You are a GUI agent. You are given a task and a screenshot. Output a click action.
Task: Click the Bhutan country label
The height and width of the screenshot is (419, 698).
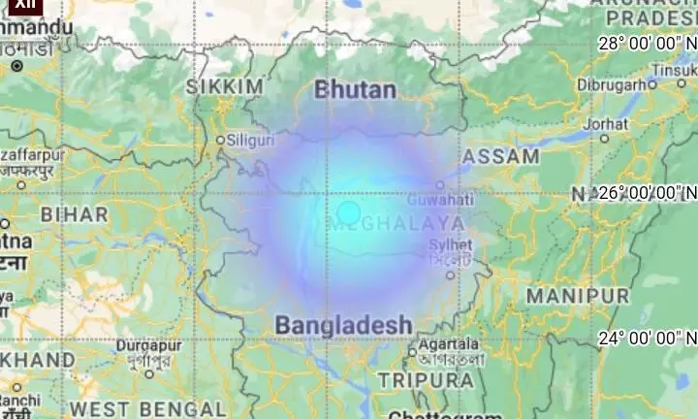click(356, 91)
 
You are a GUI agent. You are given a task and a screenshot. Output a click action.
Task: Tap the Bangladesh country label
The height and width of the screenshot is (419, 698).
click(344, 325)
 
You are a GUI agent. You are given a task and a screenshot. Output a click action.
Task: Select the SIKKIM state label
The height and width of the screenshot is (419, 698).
click(225, 88)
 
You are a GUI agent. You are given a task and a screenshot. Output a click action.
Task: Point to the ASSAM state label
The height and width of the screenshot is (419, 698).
click(501, 156)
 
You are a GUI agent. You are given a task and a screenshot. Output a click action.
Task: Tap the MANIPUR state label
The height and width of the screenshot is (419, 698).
click(578, 294)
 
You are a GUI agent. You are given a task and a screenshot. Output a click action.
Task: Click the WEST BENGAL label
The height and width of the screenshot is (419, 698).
click(148, 408)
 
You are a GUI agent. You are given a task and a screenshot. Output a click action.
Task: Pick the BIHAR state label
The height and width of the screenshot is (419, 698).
click(69, 212)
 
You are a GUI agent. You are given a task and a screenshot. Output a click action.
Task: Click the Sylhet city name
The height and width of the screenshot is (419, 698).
click(451, 245)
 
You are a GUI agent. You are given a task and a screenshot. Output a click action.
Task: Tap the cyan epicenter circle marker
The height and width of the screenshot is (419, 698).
click(349, 213)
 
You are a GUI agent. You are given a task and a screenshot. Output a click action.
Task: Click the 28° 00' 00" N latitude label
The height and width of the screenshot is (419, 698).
click(648, 43)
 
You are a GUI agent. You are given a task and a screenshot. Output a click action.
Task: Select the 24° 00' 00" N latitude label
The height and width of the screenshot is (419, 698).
click(648, 338)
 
